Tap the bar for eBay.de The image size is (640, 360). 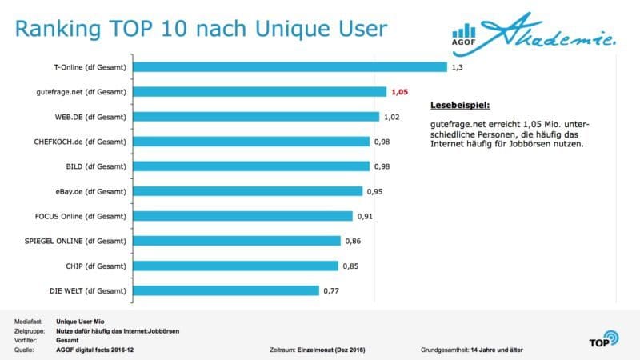[x=249, y=191]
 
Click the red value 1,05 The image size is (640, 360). [x=400, y=92]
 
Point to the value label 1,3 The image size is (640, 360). [x=458, y=67]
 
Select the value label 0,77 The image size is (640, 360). [x=332, y=290]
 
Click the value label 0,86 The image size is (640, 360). [x=353, y=241]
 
